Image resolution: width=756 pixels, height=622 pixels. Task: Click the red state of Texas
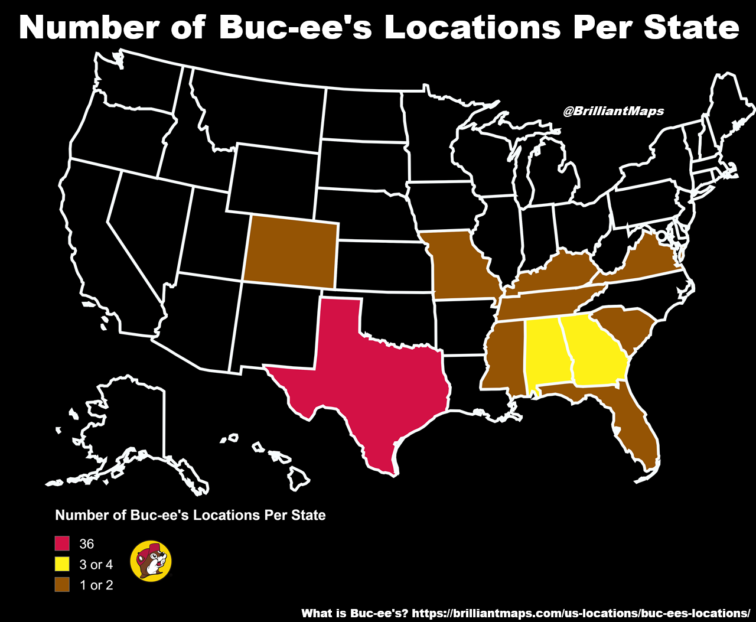[x=372, y=378]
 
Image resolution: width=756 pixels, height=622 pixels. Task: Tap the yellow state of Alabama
[x=547, y=351]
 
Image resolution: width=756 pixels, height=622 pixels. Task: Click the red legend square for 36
[x=63, y=543]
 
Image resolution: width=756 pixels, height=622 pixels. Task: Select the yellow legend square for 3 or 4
[x=63, y=564]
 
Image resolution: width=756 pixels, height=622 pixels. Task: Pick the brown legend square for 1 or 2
[x=63, y=585]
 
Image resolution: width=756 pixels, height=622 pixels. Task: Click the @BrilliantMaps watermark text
[x=613, y=111]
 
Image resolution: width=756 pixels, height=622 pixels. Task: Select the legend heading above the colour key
[x=190, y=515]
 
